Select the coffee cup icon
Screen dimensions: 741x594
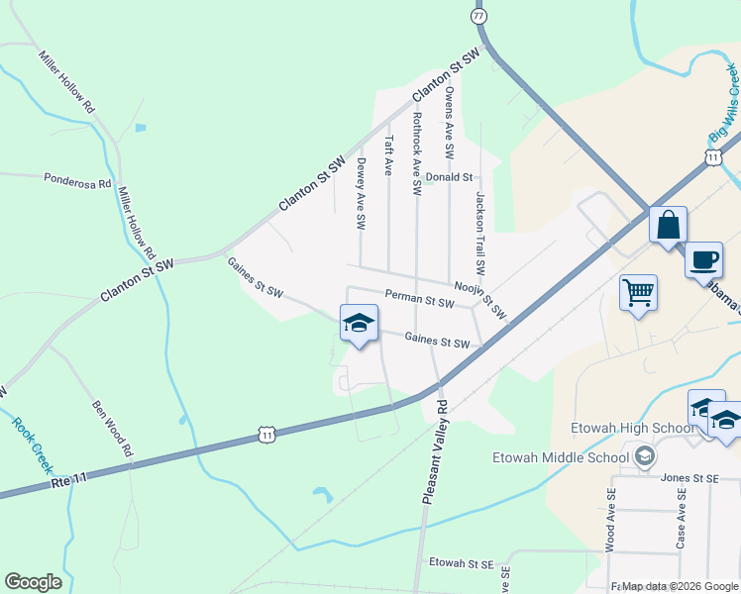[x=703, y=261]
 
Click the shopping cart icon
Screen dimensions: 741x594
[x=638, y=292]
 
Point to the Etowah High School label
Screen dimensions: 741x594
[x=620, y=428]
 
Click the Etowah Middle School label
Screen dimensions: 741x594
[x=561, y=456]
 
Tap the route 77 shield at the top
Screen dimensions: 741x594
[x=479, y=17]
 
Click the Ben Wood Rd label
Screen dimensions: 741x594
[x=112, y=428]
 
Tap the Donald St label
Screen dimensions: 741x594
[x=449, y=177]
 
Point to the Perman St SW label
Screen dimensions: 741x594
[x=419, y=297]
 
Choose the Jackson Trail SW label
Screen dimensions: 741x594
[x=479, y=233]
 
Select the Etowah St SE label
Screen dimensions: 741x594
[x=461, y=563]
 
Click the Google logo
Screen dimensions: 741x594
[x=33, y=582]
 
